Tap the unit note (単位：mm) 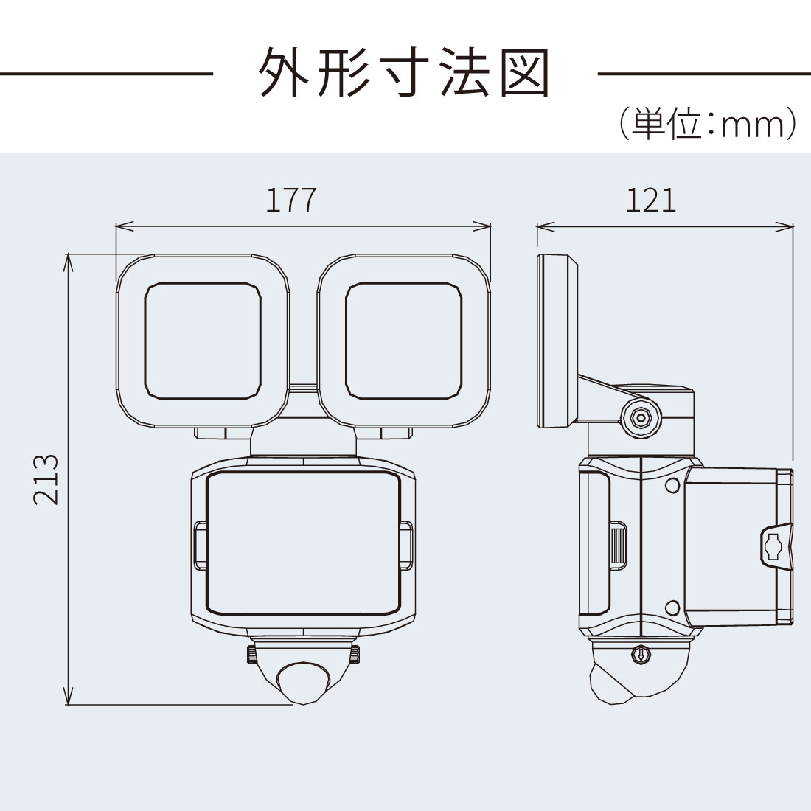tap(708, 124)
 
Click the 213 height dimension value tap(46, 479)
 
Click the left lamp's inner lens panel tap(203, 341)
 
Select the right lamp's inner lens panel tap(403, 341)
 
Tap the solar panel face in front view tap(304, 543)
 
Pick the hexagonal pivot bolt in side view tap(641, 415)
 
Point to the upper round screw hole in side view tap(672, 485)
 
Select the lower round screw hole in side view tap(672, 608)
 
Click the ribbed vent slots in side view tap(618, 545)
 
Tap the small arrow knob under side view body tap(641, 654)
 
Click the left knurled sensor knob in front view tap(251, 655)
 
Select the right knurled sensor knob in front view tap(356, 655)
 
